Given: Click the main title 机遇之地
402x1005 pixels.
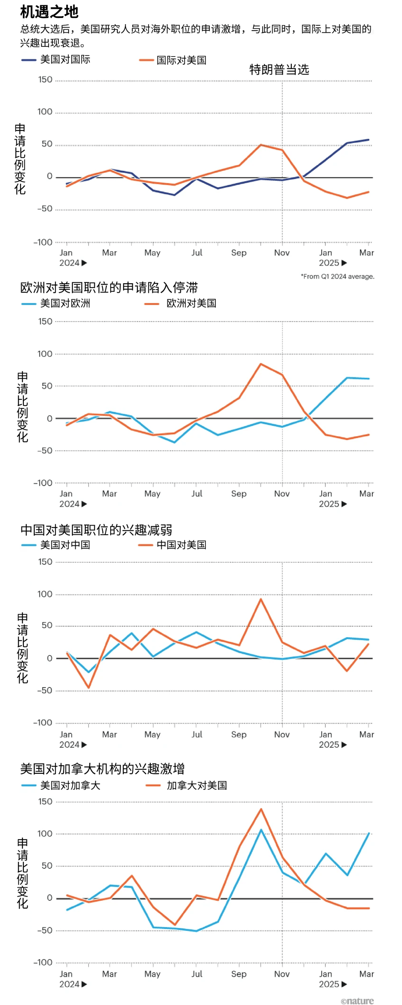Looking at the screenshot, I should point(49,12).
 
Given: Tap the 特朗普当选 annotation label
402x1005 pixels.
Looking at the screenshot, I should point(279,70).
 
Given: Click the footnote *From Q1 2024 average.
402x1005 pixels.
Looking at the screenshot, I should point(337,276).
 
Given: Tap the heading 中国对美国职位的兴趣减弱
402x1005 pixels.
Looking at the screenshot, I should point(96,530).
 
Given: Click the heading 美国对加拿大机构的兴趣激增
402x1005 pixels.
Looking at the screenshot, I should point(102,769).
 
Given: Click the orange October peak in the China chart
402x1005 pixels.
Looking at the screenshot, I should point(261,599).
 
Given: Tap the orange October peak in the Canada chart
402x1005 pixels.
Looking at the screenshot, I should point(261,809).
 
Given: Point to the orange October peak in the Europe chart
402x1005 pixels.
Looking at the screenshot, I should point(261,364).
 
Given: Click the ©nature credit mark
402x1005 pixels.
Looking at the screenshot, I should point(357,1001).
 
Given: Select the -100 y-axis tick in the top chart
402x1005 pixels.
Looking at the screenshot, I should point(43,242).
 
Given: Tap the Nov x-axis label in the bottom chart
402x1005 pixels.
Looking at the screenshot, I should point(282,974).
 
